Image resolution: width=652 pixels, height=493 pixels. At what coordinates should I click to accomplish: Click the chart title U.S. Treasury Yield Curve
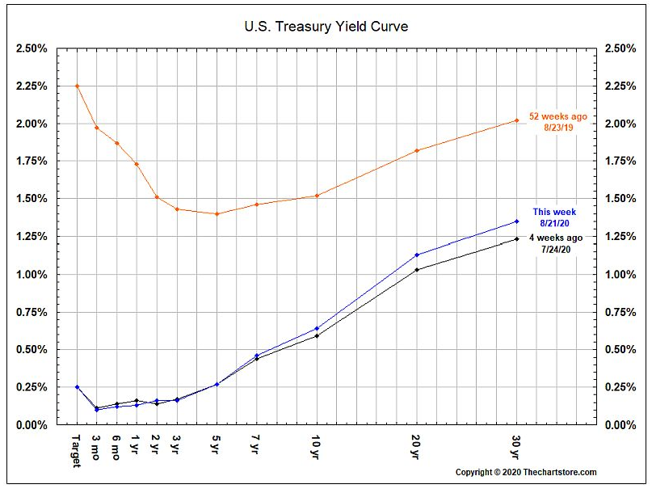tap(326, 26)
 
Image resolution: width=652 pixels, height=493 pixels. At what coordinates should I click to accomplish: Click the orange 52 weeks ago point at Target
tap(77, 86)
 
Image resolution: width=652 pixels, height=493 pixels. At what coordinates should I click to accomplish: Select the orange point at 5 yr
tap(217, 214)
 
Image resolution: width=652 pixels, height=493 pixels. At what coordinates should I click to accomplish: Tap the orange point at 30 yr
tap(516, 120)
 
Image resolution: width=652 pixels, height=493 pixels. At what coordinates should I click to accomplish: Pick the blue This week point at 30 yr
tap(516, 221)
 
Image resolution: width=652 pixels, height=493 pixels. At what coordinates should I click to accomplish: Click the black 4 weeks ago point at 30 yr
tap(516, 239)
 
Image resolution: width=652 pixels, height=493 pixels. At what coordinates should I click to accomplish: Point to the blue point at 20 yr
tap(416, 255)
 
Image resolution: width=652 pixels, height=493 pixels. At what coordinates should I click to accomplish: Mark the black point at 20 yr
tap(416, 270)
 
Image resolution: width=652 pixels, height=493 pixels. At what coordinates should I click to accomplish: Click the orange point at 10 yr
tap(317, 196)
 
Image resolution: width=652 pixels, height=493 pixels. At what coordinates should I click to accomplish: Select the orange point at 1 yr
tap(137, 164)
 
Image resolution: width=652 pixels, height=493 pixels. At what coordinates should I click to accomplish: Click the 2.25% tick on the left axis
tap(31, 86)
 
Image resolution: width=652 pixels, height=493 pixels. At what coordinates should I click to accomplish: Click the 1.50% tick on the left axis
tap(31, 199)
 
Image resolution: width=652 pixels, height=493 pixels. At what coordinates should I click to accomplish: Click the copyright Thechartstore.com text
tap(526, 472)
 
